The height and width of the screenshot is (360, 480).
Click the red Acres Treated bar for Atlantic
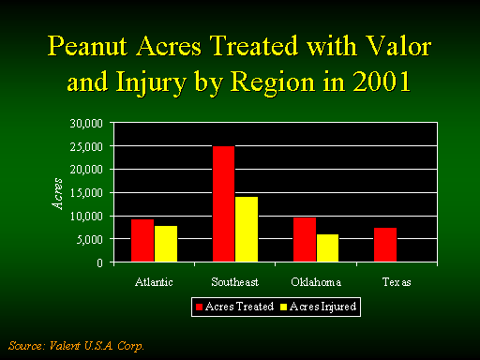[142, 240]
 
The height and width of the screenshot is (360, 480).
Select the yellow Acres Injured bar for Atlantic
[166, 244]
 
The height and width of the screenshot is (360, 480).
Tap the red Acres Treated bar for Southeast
[224, 203]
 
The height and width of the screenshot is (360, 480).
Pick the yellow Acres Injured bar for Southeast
[247, 229]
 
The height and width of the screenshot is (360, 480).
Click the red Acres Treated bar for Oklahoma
[305, 239]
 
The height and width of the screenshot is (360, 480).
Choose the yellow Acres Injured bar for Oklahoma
[327, 247]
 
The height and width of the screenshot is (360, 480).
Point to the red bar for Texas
[385, 245]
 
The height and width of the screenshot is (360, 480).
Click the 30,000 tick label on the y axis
[86, 124]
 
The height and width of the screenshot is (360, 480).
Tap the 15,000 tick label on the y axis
[86, 193]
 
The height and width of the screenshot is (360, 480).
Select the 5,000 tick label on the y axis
[90, 240]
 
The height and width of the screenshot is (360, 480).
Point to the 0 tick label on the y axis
[99, 263]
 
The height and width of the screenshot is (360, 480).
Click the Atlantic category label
[154, 282]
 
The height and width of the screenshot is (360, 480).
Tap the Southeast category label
[235, 282]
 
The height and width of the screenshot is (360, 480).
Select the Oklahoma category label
[316, 282]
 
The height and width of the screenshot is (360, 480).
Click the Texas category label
[397, 282]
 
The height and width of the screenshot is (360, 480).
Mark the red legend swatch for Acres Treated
[199, 307]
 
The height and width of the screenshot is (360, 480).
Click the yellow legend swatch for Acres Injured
[283, 307]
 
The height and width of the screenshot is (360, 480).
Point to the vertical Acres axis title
[57, 194]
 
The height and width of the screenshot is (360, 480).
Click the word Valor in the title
[398, 46]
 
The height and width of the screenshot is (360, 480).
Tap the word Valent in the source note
[65, 346]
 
